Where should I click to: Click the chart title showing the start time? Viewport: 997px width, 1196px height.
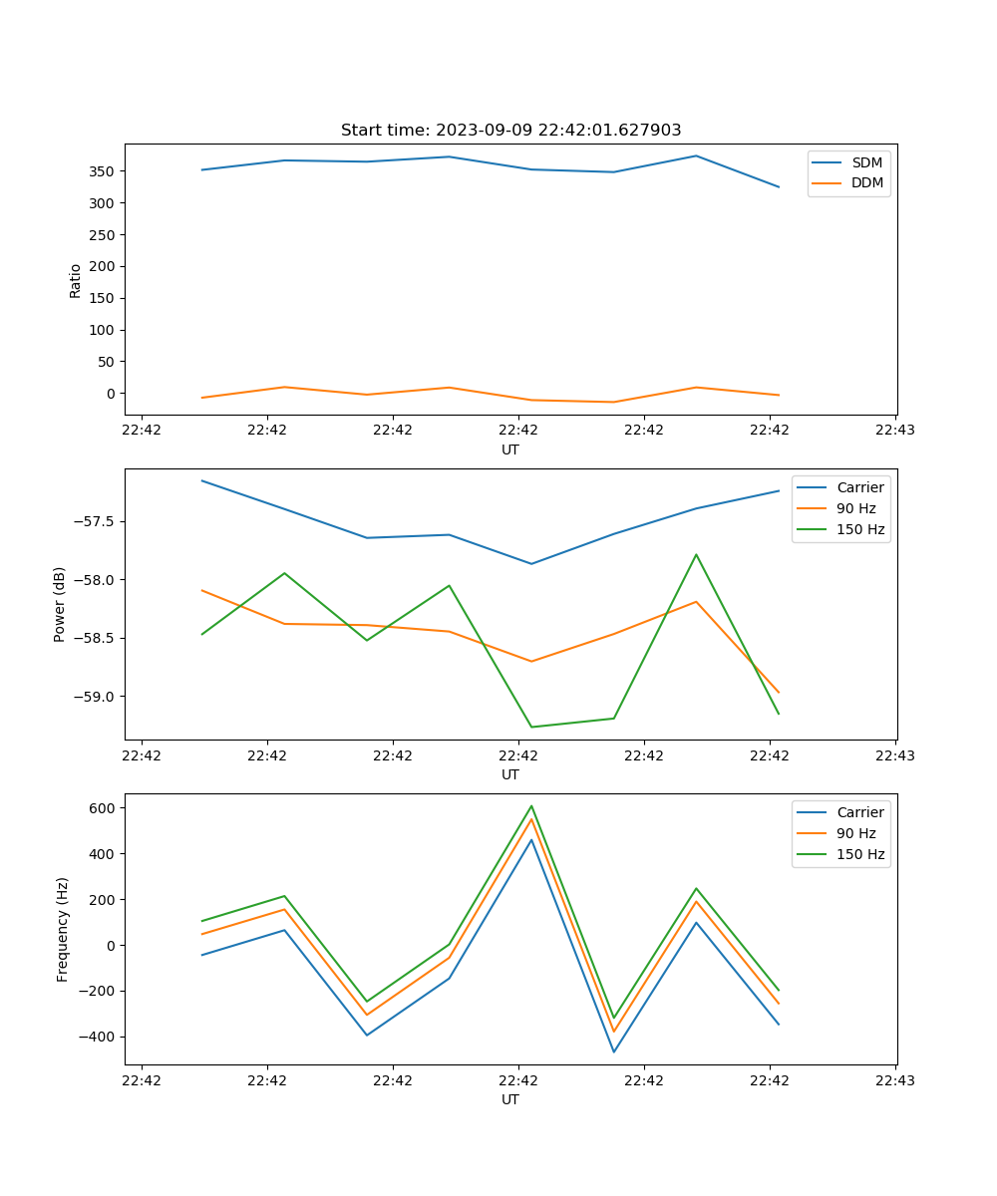coord(510,131)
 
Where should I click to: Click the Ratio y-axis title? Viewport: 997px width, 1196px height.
coord(76,280)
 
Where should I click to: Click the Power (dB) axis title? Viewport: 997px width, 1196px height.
coord(60,604)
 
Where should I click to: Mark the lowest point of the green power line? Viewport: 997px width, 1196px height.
coord(531,727)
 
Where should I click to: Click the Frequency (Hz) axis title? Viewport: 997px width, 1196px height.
coord(63,929)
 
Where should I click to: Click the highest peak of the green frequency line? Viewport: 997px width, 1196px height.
coord(531,805)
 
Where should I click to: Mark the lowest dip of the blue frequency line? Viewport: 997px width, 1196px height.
coord(614,1051)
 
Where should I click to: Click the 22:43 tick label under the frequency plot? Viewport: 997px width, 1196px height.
coord(895,1080)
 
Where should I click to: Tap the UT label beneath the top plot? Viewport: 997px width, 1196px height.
coord(510,449)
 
